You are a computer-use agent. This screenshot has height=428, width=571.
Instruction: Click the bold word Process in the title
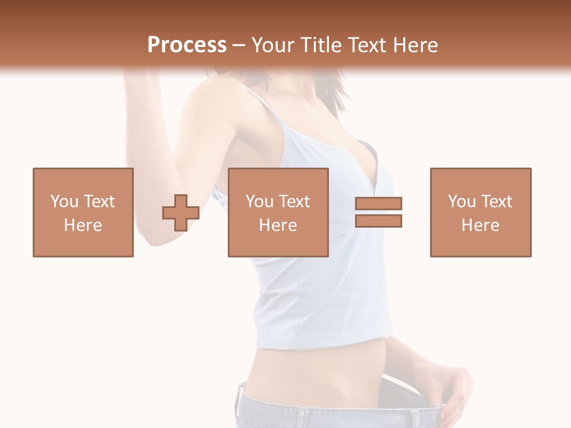(187, 45)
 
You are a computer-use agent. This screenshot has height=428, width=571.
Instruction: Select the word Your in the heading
(271, 45)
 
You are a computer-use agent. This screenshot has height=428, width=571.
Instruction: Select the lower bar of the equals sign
(378, 221)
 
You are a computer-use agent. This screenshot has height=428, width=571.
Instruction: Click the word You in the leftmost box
(64, 202)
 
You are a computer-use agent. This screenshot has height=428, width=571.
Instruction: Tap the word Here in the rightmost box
(481, 225)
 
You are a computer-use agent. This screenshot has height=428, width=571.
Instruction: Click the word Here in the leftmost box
(83, 225)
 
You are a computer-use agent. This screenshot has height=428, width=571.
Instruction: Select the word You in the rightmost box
(462, 202)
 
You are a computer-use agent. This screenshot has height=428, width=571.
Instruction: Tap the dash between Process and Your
(239, 45)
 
